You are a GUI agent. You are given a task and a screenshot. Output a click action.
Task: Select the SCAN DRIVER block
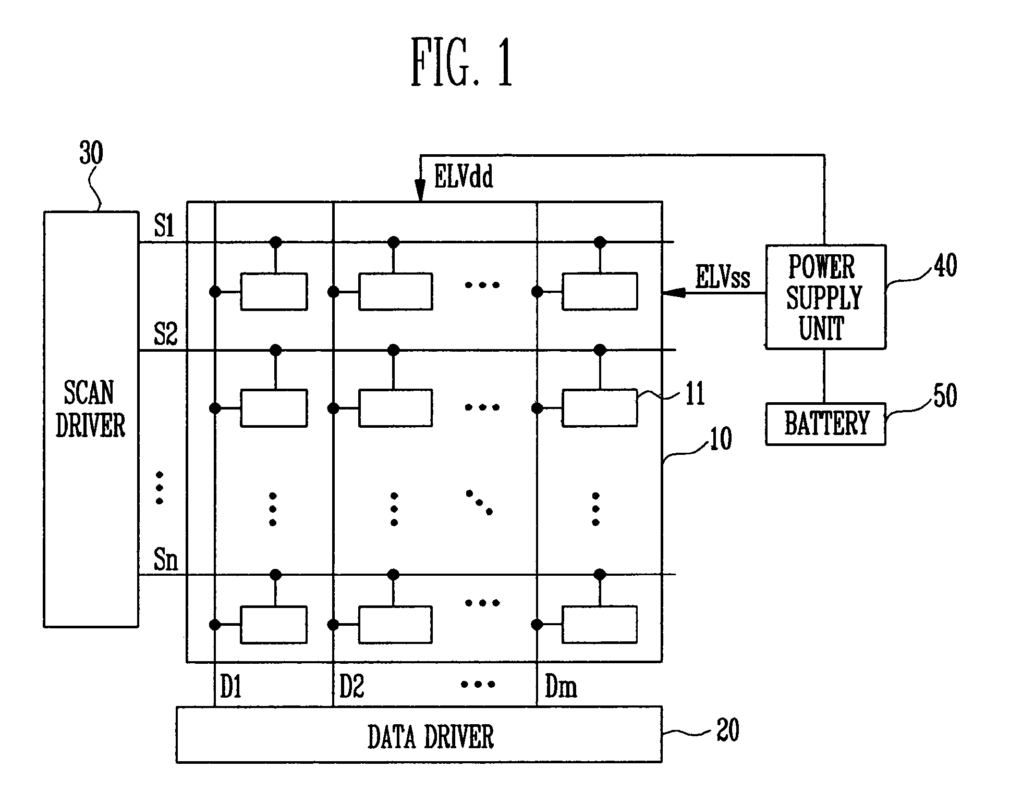click(91, 419)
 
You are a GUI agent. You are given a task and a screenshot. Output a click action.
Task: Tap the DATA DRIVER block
click(419, 735)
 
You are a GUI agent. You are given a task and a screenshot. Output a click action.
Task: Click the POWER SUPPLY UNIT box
click(825, 296)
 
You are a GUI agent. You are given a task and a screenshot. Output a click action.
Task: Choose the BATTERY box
click(825, 424)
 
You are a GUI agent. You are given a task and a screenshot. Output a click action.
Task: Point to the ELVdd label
click(464, 177)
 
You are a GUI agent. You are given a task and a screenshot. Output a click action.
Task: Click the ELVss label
click(723, 277)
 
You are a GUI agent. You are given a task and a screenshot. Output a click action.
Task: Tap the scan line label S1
click(164, 226)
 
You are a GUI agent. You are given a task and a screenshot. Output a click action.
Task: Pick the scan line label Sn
click(166, 560)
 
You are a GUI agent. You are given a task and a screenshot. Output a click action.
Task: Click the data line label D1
click(231, 686)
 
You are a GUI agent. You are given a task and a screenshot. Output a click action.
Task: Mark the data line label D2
click(351, 686)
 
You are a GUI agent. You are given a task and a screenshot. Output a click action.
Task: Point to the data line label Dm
click(561, 686)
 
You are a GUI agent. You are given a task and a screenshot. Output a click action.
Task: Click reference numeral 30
click(91, 153)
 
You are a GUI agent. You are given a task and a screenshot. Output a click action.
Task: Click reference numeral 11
click(695, 393)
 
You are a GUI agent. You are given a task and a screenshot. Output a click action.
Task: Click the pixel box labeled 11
click(600, 408)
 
